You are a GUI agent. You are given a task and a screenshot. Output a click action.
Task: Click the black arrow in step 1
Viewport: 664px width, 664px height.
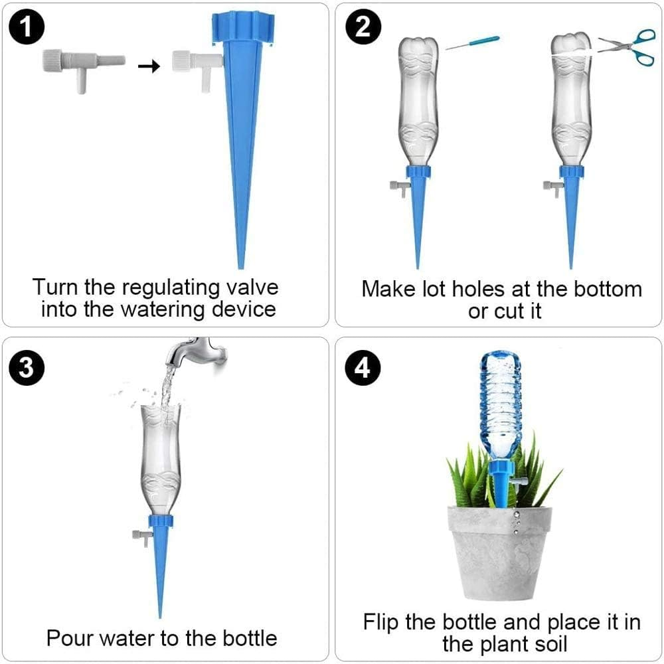pos(152,66)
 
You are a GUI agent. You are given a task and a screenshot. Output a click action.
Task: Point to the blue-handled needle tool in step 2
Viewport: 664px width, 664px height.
pos(472,43)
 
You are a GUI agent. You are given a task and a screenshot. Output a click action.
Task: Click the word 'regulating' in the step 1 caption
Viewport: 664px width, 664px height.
pos(166,289)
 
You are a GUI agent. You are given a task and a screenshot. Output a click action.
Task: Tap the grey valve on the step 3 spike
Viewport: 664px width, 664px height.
pos(141,537)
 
